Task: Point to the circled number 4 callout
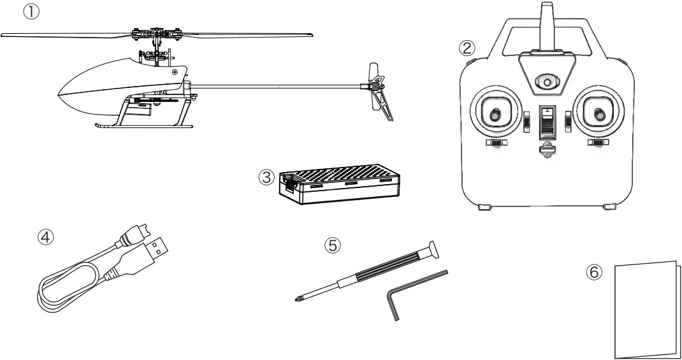[46, 236]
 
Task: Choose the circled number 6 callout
[592, 272]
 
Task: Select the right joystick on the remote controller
[597, 115]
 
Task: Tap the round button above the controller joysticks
[545, 82]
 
